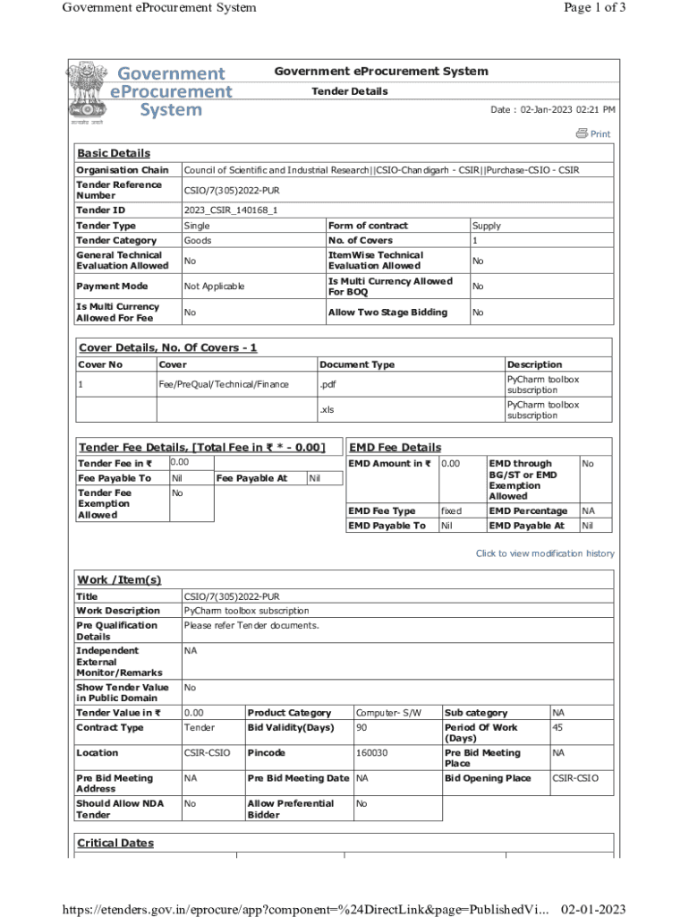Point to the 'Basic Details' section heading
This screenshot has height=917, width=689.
point(114,153)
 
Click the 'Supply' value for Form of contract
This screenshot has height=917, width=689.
point(487,226)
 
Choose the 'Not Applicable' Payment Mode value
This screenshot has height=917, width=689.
point(214,287)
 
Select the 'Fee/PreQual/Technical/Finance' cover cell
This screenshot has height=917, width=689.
point(224,384)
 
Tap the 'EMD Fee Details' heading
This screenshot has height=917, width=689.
point(395,447)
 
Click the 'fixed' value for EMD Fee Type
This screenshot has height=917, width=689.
point(452,510)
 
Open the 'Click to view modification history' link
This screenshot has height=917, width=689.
point(545,553)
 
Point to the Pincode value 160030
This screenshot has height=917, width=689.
point(371,753)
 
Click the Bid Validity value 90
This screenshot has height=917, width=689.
point(362,727)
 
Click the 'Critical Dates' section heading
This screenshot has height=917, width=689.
point(115,843)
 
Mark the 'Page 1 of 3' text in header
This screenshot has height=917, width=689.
point(595,8)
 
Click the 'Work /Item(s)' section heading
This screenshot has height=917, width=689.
point(119,579)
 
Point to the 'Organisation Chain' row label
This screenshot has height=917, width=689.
point(122,170)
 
